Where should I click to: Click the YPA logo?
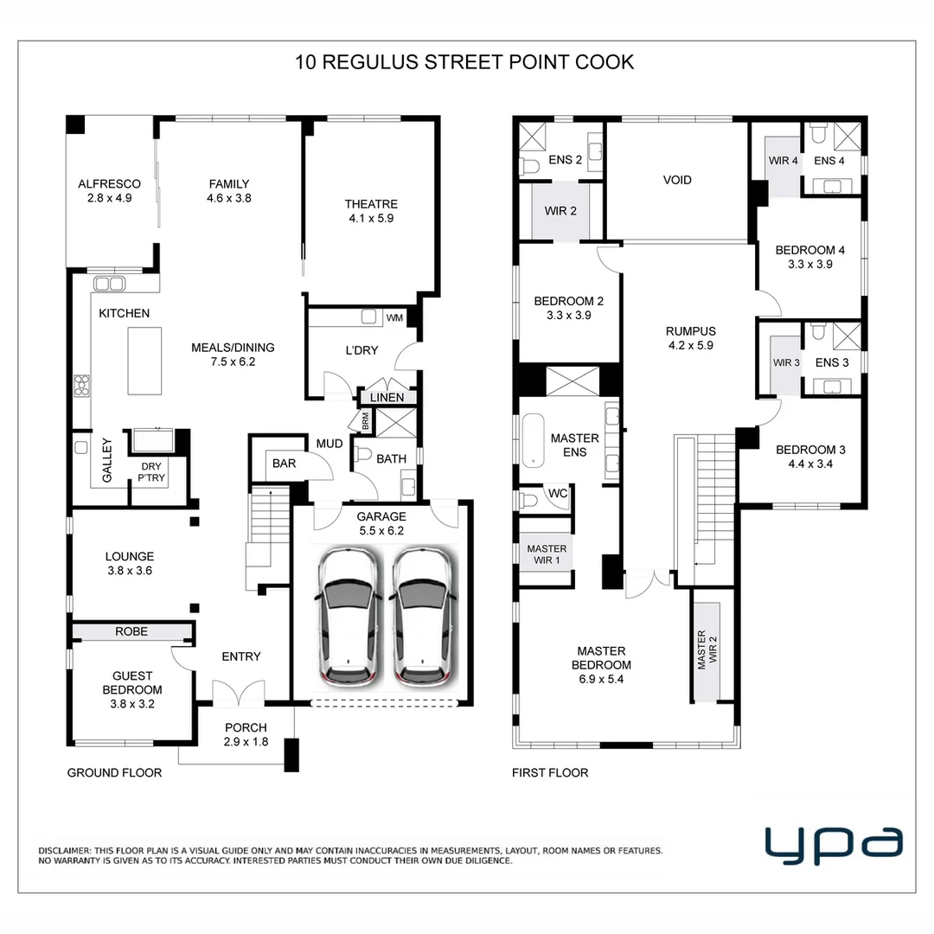pyautogui.click(x=834, y=845)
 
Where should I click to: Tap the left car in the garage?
pyautogui.click(x=349, y=616)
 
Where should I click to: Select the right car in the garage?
pyautogui.click(x=423, y=616)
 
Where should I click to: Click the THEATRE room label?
pyautogui.click(x=371, y=204)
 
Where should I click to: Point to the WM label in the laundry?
pyautogui.click(x=394, y=317)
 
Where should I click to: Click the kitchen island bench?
pyautogui.click(x=144, y=361)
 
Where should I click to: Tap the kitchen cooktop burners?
pyautogui.click(x=81, y=386)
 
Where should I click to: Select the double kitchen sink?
pyautogui.click(x=109, y=284)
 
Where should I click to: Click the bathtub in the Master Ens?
pyautogui.click(x=533, y=440)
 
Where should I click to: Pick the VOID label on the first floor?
pyautogui.click(x=677, y=180)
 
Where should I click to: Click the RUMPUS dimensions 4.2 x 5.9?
pyautogui.click(x=690, y=345)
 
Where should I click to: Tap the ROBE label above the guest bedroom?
pyautogui.click(x=131, y=631)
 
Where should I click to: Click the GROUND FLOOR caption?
pyautogui.click(x=114, y=772)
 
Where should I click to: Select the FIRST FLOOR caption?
pyautogui.click(x=550, y=772)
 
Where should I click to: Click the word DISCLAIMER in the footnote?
pyautogui.click(x=65, y=851)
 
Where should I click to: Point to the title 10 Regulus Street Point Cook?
pyautogui.click(x=464, y=62)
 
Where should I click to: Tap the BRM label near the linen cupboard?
pyautogui.click(x=366, y=421)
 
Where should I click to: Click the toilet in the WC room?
pyautogui.click(x=528, y=500)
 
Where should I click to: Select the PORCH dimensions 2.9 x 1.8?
pyautogui.click(x=246, y=742)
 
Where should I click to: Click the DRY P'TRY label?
pyautogui.click(x=151, y=472)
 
